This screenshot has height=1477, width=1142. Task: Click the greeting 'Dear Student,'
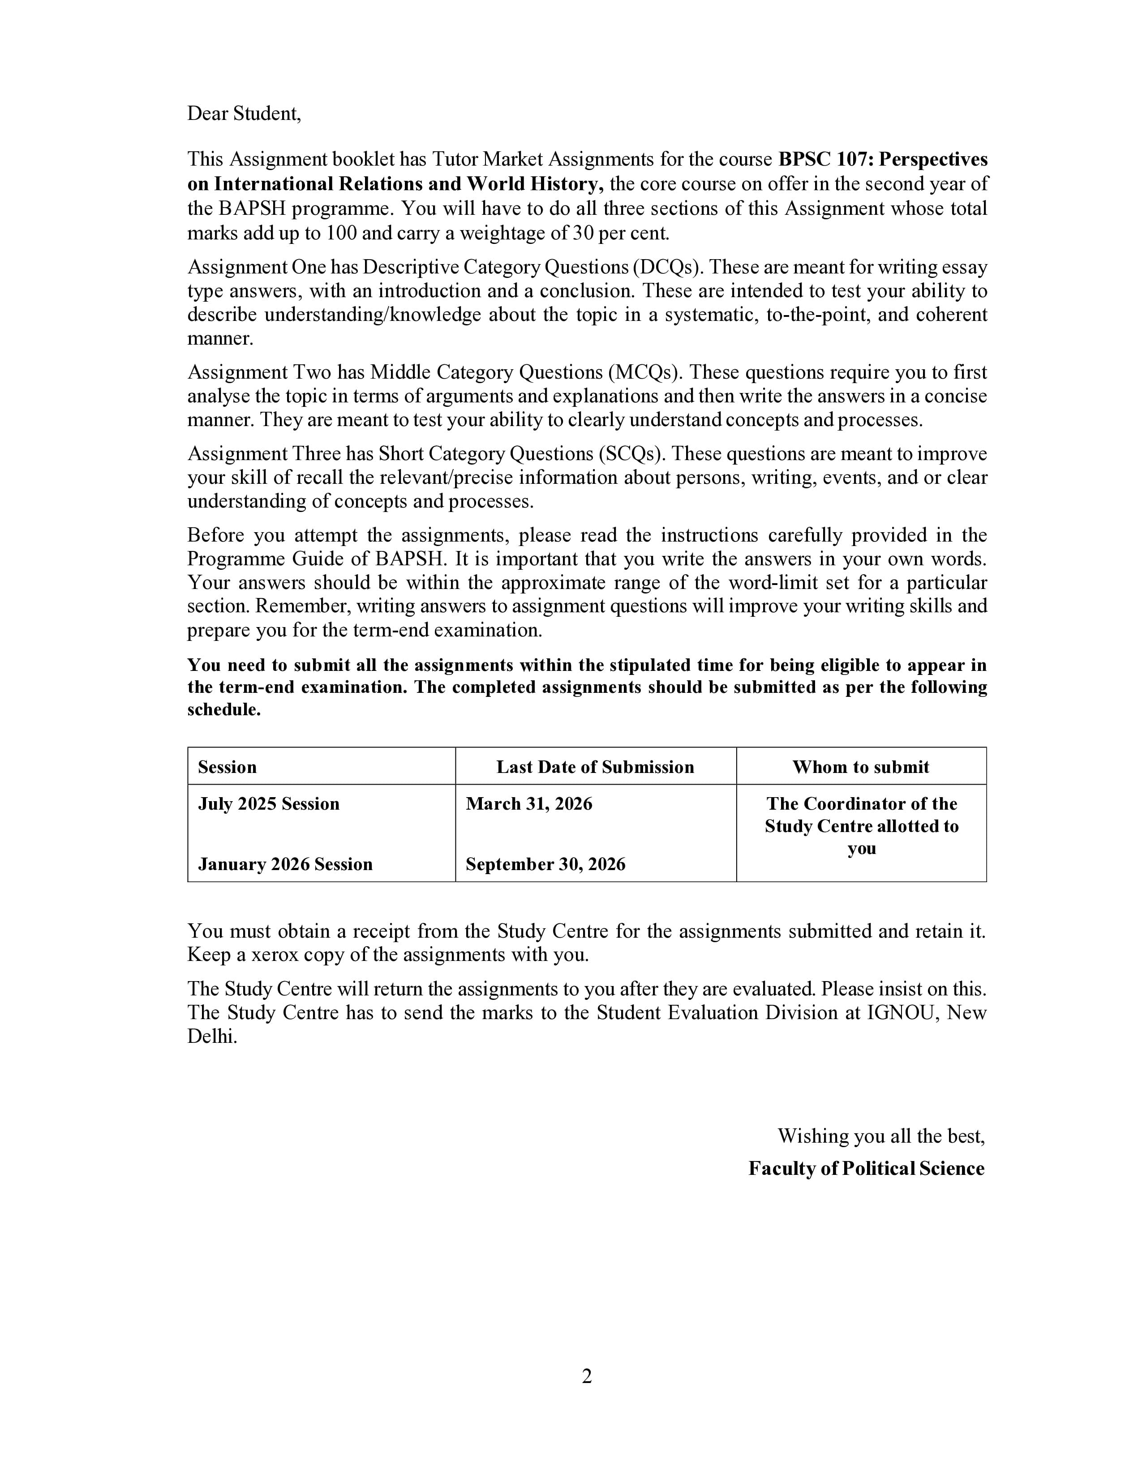coord(244,114)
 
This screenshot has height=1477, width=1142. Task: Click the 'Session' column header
coord(228,767)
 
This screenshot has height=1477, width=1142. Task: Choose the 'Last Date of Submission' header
coord(595,767)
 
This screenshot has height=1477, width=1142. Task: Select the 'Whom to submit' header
coord(861,767)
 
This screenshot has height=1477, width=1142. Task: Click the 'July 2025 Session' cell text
coord(269,804)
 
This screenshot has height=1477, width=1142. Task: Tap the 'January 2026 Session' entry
coord(285,864)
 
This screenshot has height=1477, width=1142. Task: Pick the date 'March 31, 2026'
coord(528,804)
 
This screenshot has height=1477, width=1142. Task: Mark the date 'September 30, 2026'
coord(545,864)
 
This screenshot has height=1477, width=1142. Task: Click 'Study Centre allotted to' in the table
coord(861,826)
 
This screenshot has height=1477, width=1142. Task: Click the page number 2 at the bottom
coord(587,1376)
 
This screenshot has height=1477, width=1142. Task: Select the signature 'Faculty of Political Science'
coord(866,1169)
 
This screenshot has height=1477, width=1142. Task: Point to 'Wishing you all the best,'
coord(881,1136)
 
